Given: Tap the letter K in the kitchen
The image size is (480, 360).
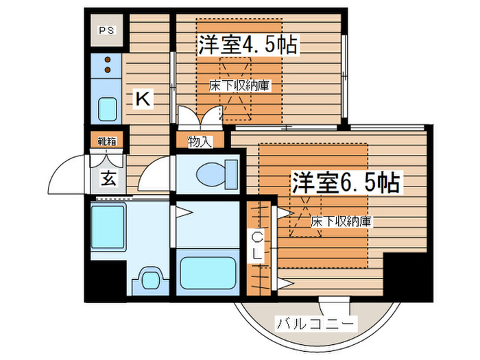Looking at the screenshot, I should (142, 99).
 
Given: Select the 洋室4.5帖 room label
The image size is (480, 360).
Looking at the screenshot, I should (248, 45).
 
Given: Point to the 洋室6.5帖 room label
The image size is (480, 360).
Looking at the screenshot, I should (346, 182).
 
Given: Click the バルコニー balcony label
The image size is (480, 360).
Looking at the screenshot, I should (316, 323).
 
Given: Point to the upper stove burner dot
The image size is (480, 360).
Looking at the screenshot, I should (108, 60).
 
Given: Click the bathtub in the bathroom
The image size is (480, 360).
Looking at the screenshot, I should (208, 273).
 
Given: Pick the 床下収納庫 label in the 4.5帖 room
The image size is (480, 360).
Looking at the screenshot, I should (240, 85).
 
